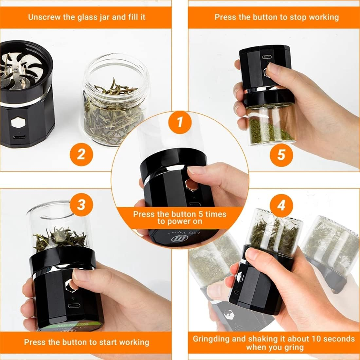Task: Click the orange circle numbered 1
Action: click(179, 122)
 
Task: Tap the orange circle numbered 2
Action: click(81, 153)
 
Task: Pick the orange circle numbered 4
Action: click(281, 206)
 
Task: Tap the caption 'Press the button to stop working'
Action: click(277, 17)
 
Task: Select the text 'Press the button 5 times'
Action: click(179, 214)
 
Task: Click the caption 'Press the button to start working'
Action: click(86, 342)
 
